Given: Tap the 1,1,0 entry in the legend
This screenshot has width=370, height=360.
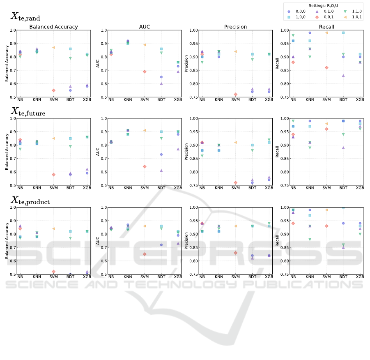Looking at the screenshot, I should click(348, 12).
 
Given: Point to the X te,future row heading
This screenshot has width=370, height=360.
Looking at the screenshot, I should click(28, 111).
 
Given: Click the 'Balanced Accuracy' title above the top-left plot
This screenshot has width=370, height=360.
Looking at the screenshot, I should click(53, 27).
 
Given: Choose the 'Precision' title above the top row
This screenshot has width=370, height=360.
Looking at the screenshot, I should click(235, 27).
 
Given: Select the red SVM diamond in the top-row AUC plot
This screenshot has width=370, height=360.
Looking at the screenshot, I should click(145, 72).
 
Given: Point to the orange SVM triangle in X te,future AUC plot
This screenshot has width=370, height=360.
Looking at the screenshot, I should click(145, 130).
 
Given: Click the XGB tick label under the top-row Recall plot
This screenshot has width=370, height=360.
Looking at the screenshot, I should click(360, 100).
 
